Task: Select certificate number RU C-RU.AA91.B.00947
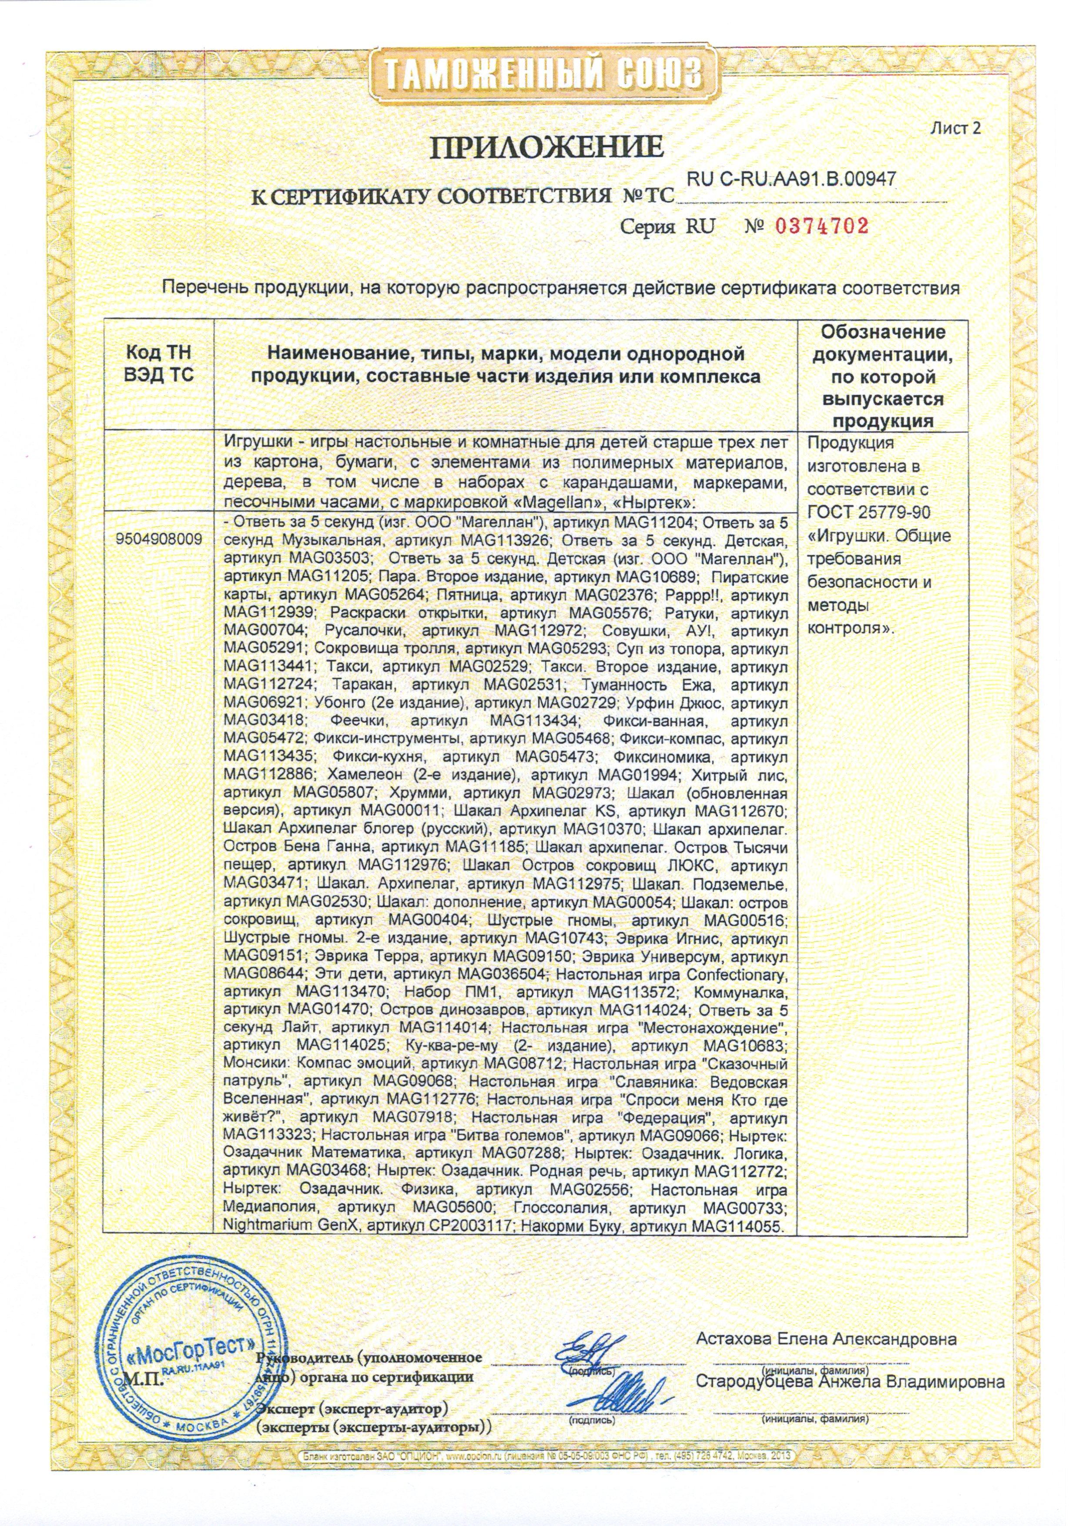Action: [x=791, y=179]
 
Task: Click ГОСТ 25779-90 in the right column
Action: [x=869, y=512]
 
